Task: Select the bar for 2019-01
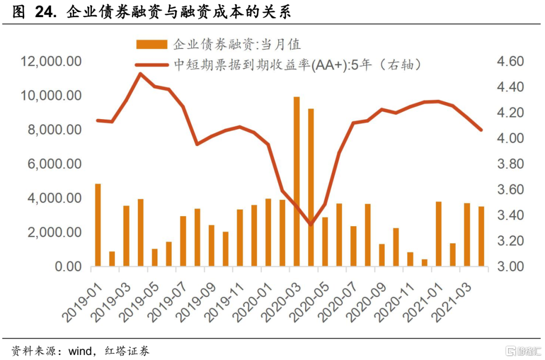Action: pos(98,225)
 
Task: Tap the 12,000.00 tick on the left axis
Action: pos(52,62)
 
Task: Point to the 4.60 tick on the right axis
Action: pos(510,62)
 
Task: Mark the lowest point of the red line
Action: pos(311,224)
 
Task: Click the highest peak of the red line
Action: pos(141,73)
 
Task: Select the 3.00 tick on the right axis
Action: pos(510,267)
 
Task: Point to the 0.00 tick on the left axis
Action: pos(66,267)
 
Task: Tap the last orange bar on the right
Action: pos(481,236)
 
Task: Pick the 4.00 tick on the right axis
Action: pos(510,138)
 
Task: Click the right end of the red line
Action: pos(481,130)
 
